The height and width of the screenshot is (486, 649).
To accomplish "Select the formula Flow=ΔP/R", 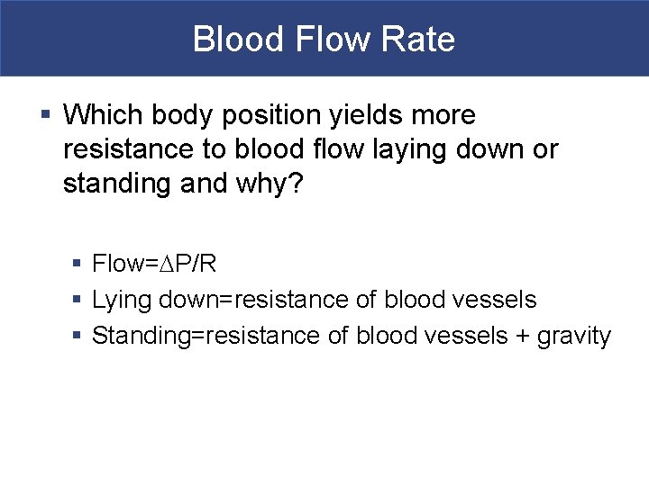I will [153, 264].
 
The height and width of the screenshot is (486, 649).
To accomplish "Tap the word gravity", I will [574, 336].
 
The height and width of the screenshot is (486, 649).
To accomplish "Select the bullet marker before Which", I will [46, 115].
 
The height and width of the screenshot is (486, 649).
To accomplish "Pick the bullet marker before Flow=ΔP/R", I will [78, 264].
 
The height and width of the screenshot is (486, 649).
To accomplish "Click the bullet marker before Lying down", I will [78, 300].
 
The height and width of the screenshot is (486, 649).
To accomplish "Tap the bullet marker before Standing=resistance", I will [78, 336].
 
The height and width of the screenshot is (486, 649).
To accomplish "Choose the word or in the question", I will [545, 149].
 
